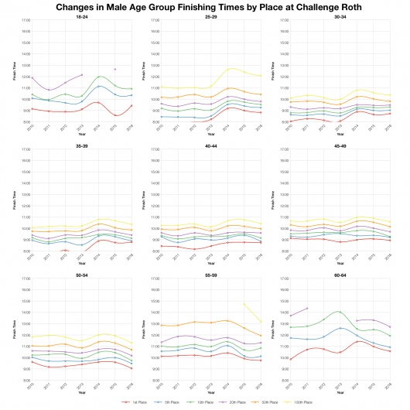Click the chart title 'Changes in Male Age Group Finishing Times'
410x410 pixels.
tap(205, 6)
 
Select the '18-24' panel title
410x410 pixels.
tap(82, 16)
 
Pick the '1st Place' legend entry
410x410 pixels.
tap(135, 402)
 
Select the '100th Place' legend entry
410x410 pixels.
tap(301, 402)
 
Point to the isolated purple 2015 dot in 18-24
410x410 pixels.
tap(115, 70)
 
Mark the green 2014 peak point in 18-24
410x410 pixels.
tap(99, 77)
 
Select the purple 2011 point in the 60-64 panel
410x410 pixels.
tap(307, 308)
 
